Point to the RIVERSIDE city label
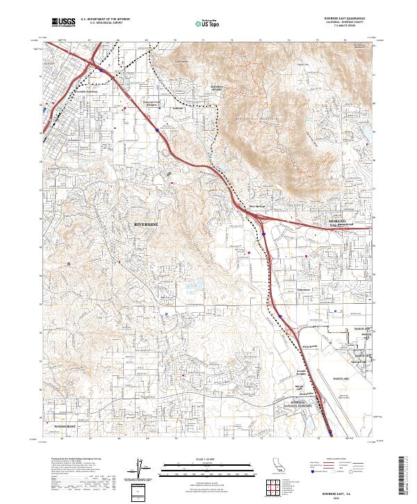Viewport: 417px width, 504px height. point(145,225)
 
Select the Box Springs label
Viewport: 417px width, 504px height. point(258,206)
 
